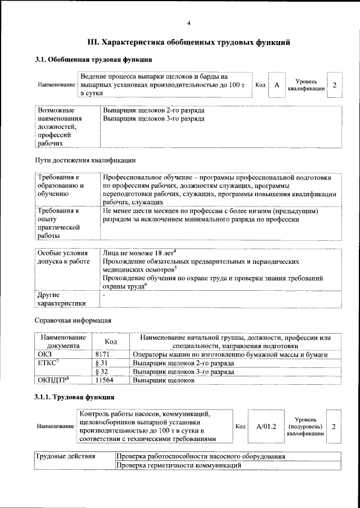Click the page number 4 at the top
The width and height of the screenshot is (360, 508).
click(x=189, y=23)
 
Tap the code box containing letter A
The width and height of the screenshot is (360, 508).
click(x=277, y=85)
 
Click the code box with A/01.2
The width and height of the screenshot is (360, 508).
click(x=266, y=427)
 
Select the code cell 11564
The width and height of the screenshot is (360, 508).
click(x=105, y=380)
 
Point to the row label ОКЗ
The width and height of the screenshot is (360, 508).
click(x=44, y=354)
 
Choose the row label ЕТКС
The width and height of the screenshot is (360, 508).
click(x=48, y=363)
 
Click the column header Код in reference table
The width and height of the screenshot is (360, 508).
click(x=111, y=341)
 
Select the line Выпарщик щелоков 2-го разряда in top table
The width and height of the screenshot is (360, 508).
click(x=154, y=110)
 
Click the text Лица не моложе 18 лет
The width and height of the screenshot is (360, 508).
click(x=140, y=253)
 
